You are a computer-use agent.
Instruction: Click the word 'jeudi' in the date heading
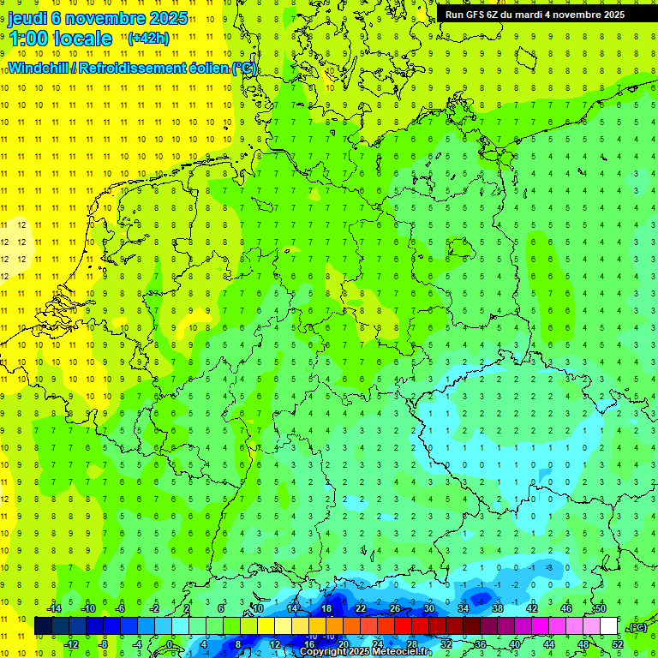point(28,18)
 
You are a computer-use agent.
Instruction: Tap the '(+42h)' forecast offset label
point(147,38)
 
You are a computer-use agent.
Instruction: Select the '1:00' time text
point(27,39)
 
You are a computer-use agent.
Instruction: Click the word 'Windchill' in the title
point(39,68)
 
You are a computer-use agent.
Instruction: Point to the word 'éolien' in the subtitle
point(206,68)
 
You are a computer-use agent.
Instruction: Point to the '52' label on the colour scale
point(618,643)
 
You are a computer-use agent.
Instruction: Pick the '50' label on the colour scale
point(601,608)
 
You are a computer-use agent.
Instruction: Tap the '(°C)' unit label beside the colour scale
point(637,627)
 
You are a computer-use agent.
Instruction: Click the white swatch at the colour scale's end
point(609,626)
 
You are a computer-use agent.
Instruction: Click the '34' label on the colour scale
point(464,608)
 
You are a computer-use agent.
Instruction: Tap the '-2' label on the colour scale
point(155,608)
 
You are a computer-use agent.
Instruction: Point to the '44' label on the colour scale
point(549,643)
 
